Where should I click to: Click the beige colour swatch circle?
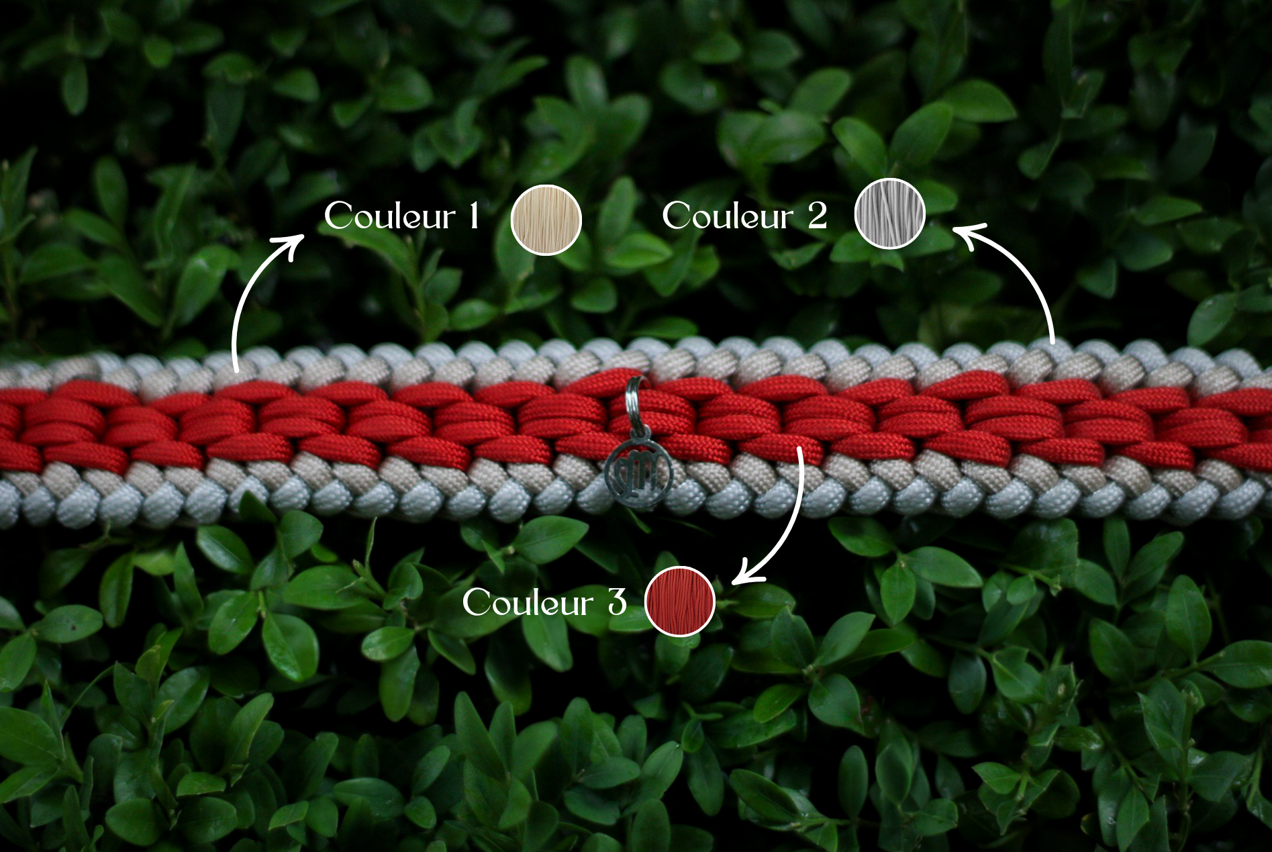click(546, 220)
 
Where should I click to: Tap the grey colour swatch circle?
click(889, 214)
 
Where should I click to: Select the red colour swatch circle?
click(680, 601)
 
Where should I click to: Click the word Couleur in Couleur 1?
click(390, 216)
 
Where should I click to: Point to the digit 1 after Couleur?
click(474, 216)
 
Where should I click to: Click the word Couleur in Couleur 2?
click(728, 216)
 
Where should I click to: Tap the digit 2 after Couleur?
click(817, 216)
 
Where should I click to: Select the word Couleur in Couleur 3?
click(528, 602)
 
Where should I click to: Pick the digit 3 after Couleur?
click(617, 602)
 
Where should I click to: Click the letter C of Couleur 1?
click(340, 216)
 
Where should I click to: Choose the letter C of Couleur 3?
click(478, 602)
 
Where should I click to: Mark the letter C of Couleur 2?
click(678, 216)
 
